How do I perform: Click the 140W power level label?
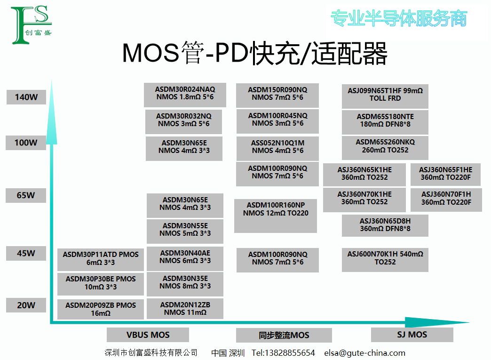[x=26, y=97]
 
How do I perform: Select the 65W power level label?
[x=26, y=195]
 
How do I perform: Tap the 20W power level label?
[x=26, y=305]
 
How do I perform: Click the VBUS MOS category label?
[x=148, y=335]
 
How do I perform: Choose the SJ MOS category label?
[x=412, y=335]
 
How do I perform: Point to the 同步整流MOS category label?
[x=284, y=336]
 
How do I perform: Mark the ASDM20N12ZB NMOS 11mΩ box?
[x=185, y=309]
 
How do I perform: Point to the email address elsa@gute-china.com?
[x=364, y=353]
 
